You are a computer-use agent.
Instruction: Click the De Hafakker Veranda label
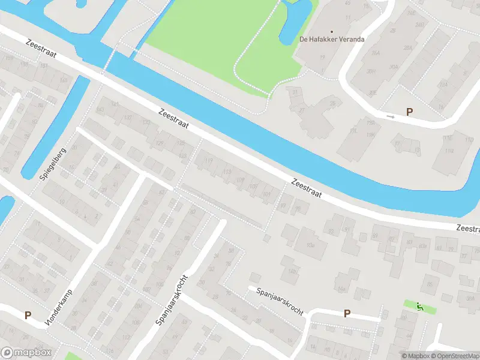click(332, 40)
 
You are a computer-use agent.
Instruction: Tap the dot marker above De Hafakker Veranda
click(331, 31)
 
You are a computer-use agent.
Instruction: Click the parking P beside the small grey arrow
click(410, 112)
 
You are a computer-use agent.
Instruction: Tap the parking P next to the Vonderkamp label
click(28, 314)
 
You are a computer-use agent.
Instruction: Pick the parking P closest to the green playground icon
click(347, 313)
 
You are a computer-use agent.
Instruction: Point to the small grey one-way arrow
click(391, 117)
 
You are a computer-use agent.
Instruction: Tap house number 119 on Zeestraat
click(209, 161)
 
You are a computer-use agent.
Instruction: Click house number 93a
click(310, 245)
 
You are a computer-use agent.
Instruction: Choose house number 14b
click(293, 271)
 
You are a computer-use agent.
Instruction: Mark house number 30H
click(372, 71)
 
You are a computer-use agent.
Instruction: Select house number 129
click(159, 143)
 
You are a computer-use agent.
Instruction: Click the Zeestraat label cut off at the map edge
click(468, 229)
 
